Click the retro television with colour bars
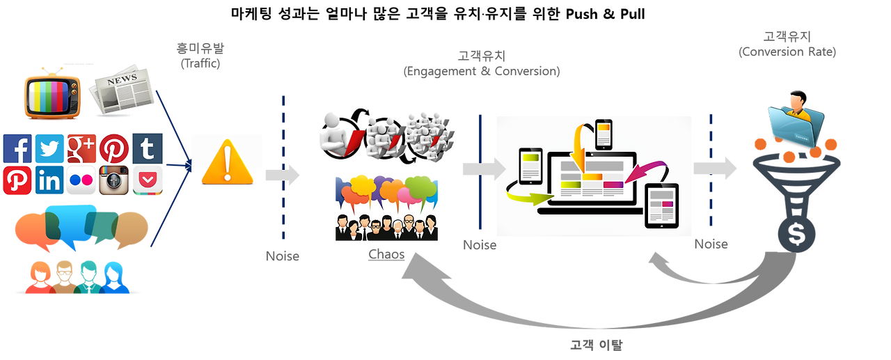[53, 94]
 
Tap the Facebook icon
[17, 148]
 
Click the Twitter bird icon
[49, 148]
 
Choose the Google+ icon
[81, 148]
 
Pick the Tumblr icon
[147, 148]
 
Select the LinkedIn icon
[49, 180]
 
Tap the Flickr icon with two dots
[81, 180]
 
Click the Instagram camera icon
[114, 180]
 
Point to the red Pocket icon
[147, 180]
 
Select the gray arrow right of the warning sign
[282, 175]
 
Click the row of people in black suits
[386, 226]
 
